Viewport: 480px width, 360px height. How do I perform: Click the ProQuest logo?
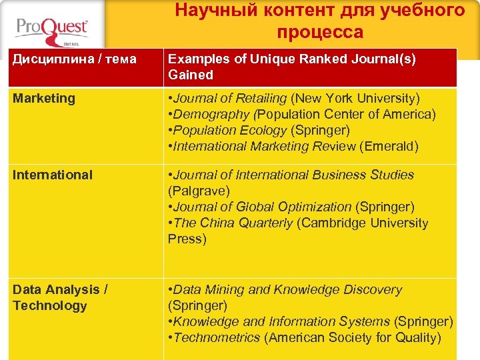coord(51,30)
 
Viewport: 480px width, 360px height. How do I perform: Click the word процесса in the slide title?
coord(320,32)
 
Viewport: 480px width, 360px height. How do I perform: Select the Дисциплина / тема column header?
coord(75,59)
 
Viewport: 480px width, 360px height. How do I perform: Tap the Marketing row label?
coord(44,99)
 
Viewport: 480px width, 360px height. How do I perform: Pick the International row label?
coord(53,175)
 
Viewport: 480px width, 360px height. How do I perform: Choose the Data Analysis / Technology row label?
coord(60,297)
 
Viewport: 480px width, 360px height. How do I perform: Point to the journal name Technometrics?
coord(217,338)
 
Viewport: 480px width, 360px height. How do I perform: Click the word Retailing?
coord(260,99)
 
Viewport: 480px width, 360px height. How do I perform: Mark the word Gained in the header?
coord(191,75)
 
